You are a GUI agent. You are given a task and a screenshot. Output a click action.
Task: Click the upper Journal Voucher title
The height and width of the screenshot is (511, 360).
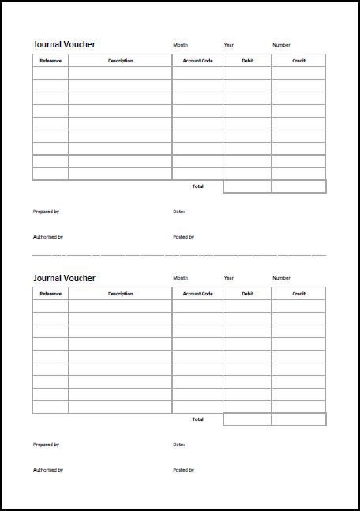pyautogui.click(x=64, y=45)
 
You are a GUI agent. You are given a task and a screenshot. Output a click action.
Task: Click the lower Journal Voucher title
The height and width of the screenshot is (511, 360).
pyautogui.click(x=64, y=278)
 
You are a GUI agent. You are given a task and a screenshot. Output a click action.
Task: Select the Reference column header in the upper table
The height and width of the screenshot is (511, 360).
pyautogui.click(x=51, y=61)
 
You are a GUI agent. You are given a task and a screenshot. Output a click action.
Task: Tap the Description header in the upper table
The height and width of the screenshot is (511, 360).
pyautogui.click(x=120, y=61)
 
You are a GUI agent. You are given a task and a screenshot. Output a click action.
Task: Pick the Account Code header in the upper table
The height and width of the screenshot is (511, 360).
pyautogui.click(x=197, y=61)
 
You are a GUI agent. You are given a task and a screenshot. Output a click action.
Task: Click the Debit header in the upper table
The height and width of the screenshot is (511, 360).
pyautogui.click(x=248, y=61)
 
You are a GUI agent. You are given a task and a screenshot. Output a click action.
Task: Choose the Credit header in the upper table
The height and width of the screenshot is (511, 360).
pyautogui.click(x=298, y=61)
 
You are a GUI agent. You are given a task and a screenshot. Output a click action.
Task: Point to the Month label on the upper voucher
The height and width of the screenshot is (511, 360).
pyautogui.click(x=180, y=45)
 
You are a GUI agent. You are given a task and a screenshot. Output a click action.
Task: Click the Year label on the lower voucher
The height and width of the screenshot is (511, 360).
pyautogui.click(x=229, y=278)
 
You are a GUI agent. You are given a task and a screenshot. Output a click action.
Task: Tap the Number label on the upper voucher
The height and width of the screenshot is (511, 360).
pyautogui.click(x=281, y=45)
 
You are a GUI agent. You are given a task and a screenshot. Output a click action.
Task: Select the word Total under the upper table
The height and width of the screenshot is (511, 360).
pyautogui.click(x=197, y=186)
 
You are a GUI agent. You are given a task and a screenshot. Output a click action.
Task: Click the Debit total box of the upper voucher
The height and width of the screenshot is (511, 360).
pyautogui.click(x=247, y=186)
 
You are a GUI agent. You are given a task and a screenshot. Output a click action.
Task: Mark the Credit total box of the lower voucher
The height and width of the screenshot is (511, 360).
pyautogui.click(x=298, y=419)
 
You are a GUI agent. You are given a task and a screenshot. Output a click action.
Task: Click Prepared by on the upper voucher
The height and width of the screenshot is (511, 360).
pyautogui.click(x=46, y=212)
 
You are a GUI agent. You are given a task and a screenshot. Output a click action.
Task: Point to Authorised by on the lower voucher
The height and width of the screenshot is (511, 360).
pyautogui.click(x=48, y=470)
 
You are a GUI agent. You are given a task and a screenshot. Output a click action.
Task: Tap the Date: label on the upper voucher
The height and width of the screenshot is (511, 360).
pyautogui.click(x=178, y=212)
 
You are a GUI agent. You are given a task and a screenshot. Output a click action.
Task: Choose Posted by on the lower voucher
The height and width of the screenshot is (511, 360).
pyautogui.click(x=183, y=470)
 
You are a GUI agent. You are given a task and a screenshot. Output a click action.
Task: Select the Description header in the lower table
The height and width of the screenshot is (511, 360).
pyautogui.click(x=120, y=294)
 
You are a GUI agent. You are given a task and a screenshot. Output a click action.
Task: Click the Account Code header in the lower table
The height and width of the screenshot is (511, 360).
pyautogui.click(x=197, y=294)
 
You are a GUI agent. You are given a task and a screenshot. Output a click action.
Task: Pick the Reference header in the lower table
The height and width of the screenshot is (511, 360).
pyautogui.click(x=51, y=294)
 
